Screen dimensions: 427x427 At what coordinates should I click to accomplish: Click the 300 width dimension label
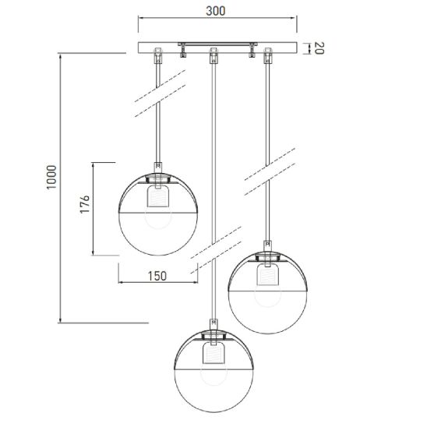tap(215, 11)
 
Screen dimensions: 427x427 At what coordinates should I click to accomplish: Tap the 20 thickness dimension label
tap(319, 48)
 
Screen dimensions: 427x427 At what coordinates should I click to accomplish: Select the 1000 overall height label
tap(51, 177)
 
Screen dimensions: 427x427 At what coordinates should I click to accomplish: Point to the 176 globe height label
tap(85, 204)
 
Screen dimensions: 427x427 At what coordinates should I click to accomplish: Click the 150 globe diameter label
tap(157, 276)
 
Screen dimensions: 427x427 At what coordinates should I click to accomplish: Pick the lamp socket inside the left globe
tap(158, 196)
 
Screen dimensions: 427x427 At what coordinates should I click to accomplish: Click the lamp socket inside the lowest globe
tap(213, 353)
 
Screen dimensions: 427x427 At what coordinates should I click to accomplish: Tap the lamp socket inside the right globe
tap(268, 274)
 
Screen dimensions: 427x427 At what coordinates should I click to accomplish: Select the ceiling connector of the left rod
tap(158, 55)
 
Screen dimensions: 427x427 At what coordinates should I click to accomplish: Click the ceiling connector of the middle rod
tap(213, 55)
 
